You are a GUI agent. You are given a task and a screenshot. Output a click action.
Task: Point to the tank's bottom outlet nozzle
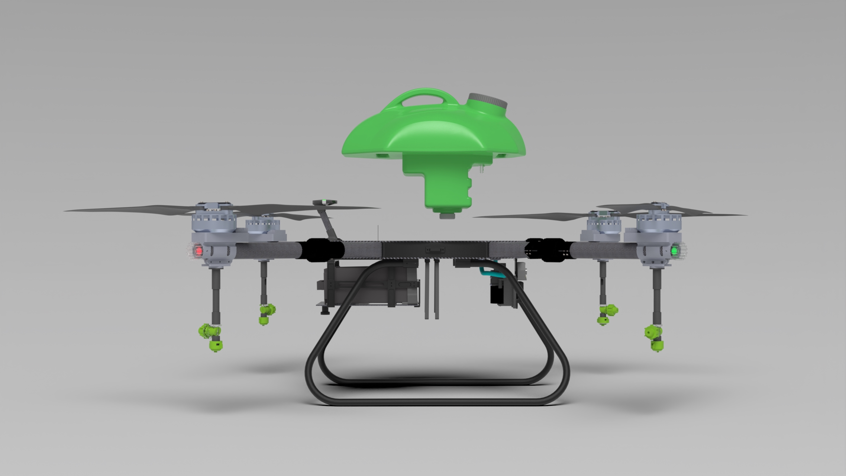[x=448, y=215]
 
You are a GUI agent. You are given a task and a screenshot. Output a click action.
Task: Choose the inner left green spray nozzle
[x=267, y=313]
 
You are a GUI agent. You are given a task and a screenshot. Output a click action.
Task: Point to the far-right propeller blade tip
[x=746, y=215]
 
